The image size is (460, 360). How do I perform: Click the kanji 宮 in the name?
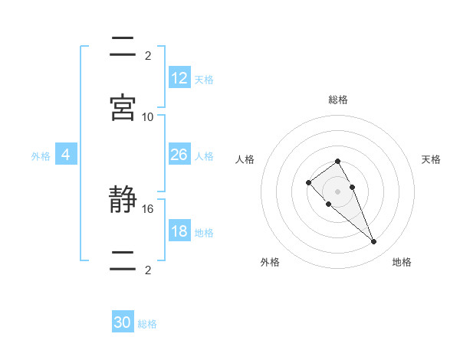123,107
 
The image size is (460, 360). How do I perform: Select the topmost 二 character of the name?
123,47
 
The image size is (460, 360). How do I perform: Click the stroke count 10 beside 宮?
148,116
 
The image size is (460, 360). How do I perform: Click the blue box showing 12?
179,78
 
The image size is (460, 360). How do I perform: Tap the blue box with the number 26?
179,155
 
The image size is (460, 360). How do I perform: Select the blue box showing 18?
179,231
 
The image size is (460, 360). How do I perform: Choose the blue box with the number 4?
66,155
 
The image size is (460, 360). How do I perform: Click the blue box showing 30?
123,323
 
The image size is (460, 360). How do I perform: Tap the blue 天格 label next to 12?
204,80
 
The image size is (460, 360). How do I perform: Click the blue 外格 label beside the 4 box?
41,156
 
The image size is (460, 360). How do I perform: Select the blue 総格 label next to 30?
147,325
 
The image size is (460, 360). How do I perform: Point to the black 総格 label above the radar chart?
337,100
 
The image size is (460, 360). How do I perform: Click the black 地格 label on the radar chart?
402,262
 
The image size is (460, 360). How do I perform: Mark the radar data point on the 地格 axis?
373,241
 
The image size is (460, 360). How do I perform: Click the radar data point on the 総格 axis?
337,161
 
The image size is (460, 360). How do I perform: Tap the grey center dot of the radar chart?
337,191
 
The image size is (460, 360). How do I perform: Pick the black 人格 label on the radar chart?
245,159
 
